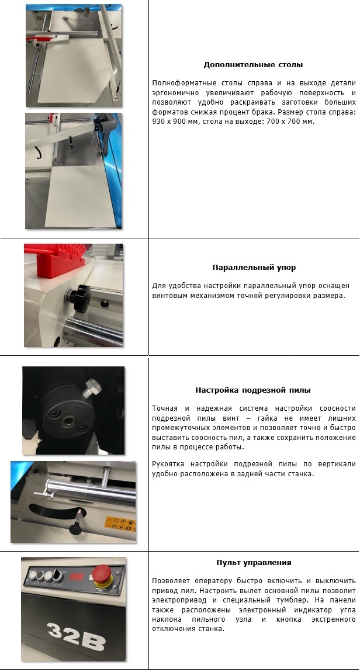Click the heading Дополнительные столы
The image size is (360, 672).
tap(253, 65)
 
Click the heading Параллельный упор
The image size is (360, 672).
tap(254, 268)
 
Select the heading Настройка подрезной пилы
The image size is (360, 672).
tap(253, 390)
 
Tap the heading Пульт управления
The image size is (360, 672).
tap(254, 562)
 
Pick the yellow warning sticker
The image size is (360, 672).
tap(120, 524)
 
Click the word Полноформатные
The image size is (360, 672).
tap(178, 83)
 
